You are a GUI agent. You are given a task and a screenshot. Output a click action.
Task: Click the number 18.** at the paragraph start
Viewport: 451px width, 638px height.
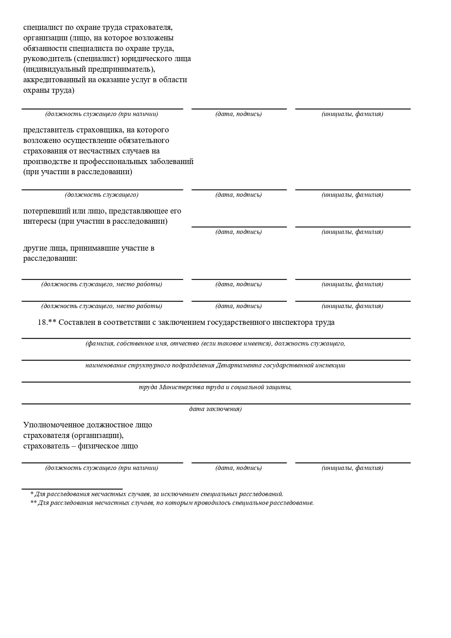47,322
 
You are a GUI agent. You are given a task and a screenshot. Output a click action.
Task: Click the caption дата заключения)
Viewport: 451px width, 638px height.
215,409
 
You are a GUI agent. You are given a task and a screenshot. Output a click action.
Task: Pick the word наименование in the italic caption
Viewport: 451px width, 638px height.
105,365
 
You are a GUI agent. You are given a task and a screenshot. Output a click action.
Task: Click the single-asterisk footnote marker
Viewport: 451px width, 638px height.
32,494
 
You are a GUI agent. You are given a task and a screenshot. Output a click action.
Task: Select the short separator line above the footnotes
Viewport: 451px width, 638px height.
72,489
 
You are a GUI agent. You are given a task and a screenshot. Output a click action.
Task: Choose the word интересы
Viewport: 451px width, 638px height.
40,221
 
